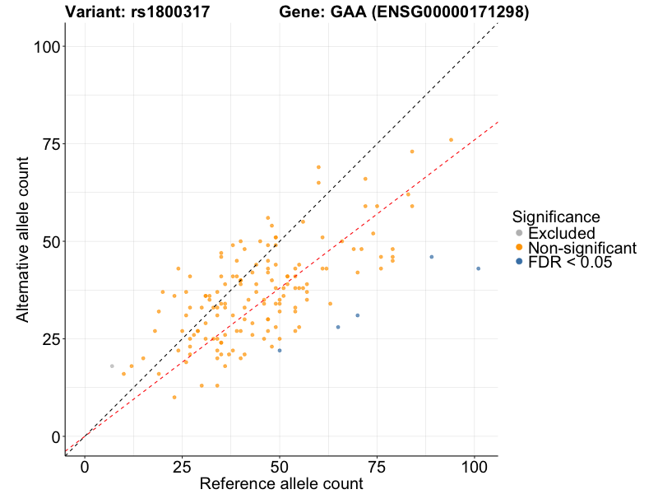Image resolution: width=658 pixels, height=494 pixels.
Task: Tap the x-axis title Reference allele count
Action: pos(281,483)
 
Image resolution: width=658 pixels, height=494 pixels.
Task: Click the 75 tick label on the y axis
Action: pos(50,144)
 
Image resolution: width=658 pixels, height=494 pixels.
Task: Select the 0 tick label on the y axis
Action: pos(55,436)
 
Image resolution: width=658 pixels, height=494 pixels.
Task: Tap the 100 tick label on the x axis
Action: pos(474,466)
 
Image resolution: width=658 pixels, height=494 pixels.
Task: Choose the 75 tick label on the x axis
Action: pos(377,466)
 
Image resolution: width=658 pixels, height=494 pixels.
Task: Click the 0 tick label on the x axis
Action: pos(85,466)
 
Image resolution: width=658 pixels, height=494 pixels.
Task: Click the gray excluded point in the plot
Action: pos(112,366)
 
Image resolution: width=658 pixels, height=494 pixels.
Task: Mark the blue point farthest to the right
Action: pos(478,268)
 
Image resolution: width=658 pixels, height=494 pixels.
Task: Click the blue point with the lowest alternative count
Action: pos(280,351)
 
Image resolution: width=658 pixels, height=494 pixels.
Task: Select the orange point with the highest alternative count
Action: pos(451,140)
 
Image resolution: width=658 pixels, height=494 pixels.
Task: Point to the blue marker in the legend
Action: pos(518,263)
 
